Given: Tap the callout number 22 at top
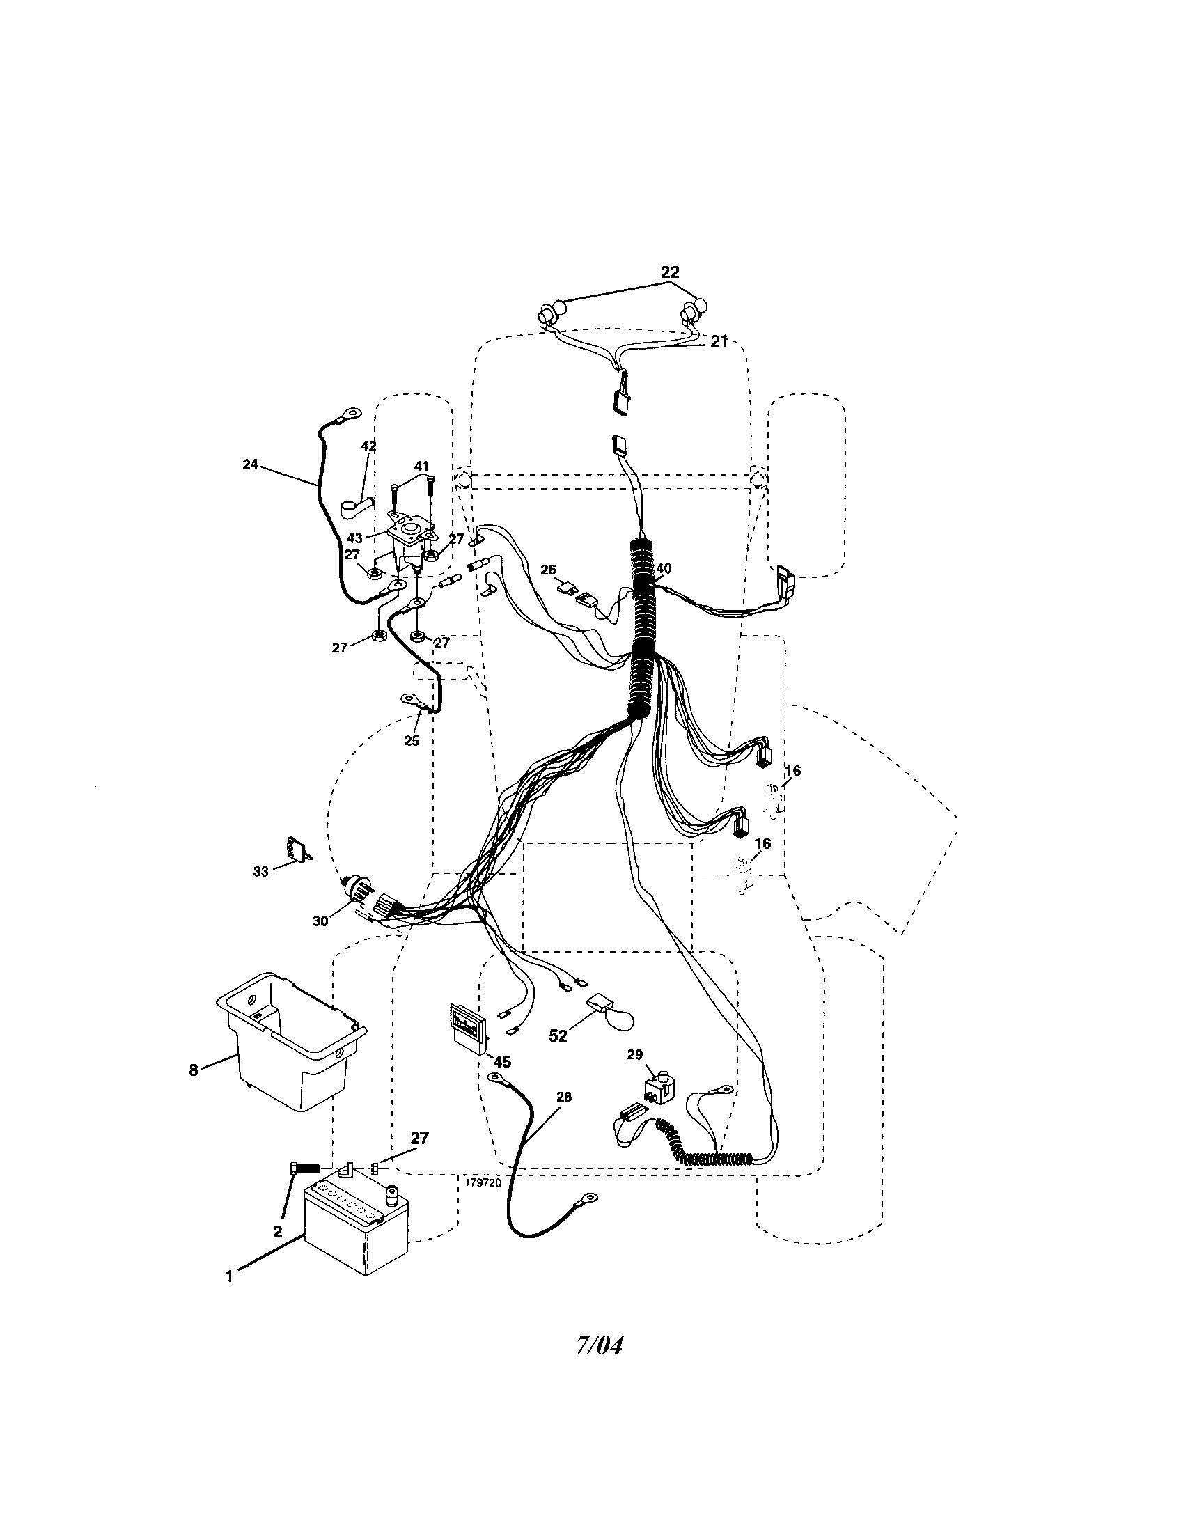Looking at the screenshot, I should point(670,272).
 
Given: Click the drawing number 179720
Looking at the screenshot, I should point(483,1182).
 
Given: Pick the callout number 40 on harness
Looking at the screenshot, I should point(663,568).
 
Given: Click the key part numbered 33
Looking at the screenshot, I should point(296,850).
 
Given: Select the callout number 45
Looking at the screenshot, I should point(502,1062).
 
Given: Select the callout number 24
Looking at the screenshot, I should point(251,464).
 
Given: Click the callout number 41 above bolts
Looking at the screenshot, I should point(421,467).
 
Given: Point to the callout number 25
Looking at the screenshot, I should point(412,741).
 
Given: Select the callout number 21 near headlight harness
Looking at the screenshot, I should point(719,342).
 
